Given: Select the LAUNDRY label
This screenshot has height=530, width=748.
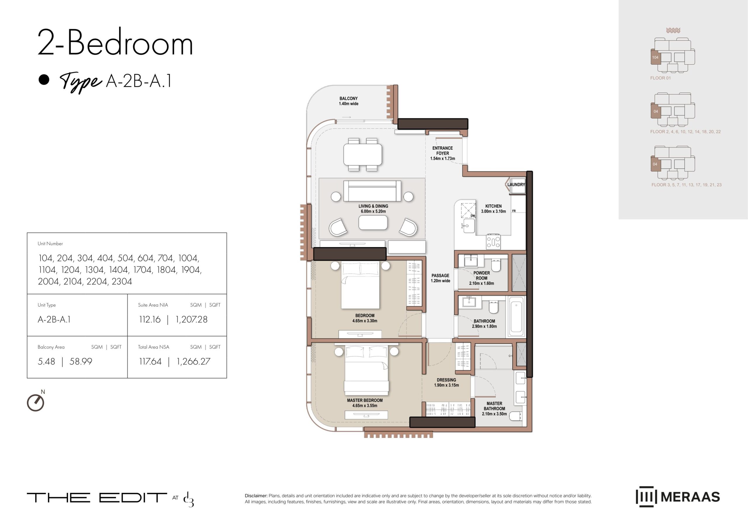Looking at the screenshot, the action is tap(516, 185).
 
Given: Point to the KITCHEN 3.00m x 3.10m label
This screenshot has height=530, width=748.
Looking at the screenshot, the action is tap(493, 209).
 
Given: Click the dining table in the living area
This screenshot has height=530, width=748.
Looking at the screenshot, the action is tap(363, 155).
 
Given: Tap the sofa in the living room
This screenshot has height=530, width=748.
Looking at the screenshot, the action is tap(372, 191).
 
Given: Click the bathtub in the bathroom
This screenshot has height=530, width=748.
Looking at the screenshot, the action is tap(516, 317).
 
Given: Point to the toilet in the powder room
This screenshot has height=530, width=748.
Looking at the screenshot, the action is tap(496, 266).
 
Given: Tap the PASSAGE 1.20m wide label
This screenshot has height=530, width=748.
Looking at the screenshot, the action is tap(440, 278).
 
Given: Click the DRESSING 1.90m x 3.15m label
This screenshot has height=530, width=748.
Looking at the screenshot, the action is tap(446, 382).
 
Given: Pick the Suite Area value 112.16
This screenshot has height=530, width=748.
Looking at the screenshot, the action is tap(150, 320).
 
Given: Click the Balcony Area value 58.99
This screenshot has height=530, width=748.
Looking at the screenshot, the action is tap(81, 362).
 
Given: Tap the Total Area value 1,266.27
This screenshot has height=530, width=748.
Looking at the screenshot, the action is tap(193, 362).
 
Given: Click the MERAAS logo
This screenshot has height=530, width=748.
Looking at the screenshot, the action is tap(678, 497).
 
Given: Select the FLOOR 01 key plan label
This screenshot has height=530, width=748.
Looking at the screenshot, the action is tap(661, 78).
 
